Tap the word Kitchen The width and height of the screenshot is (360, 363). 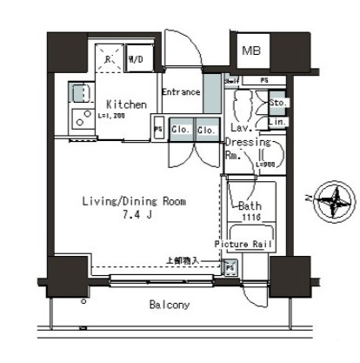pyautogui.click(x=127, y=104)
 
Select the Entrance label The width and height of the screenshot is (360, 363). pyautogui.click(x=181, y=91)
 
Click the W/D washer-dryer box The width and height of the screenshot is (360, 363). pyautogui.click(x=137, y=60)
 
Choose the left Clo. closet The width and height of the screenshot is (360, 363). pyautogui.click(x=182, y=131)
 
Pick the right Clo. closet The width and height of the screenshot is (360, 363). pyautogui.click(x=207, y=131)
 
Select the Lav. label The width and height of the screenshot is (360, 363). pyautogui.click(x=242, y=125)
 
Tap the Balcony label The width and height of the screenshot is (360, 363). pyautogui.click(x=170, y=306)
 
